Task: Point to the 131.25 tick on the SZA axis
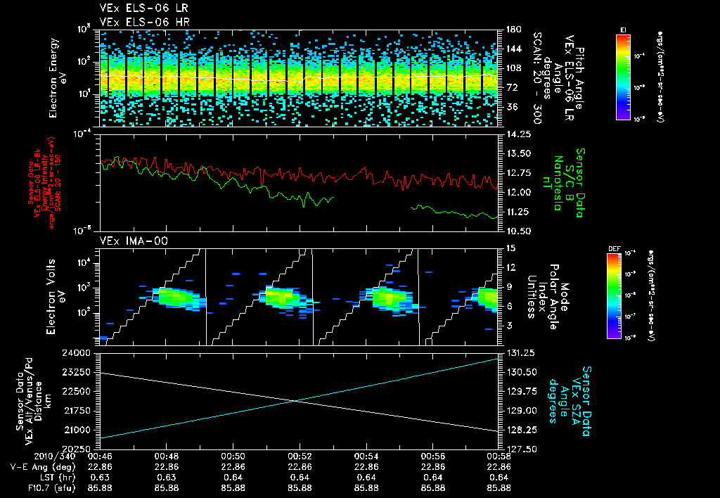[x=520, y=352]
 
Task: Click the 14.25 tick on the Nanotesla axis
[x=517, y=134]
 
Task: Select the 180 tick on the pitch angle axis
[x=513, y=30]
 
